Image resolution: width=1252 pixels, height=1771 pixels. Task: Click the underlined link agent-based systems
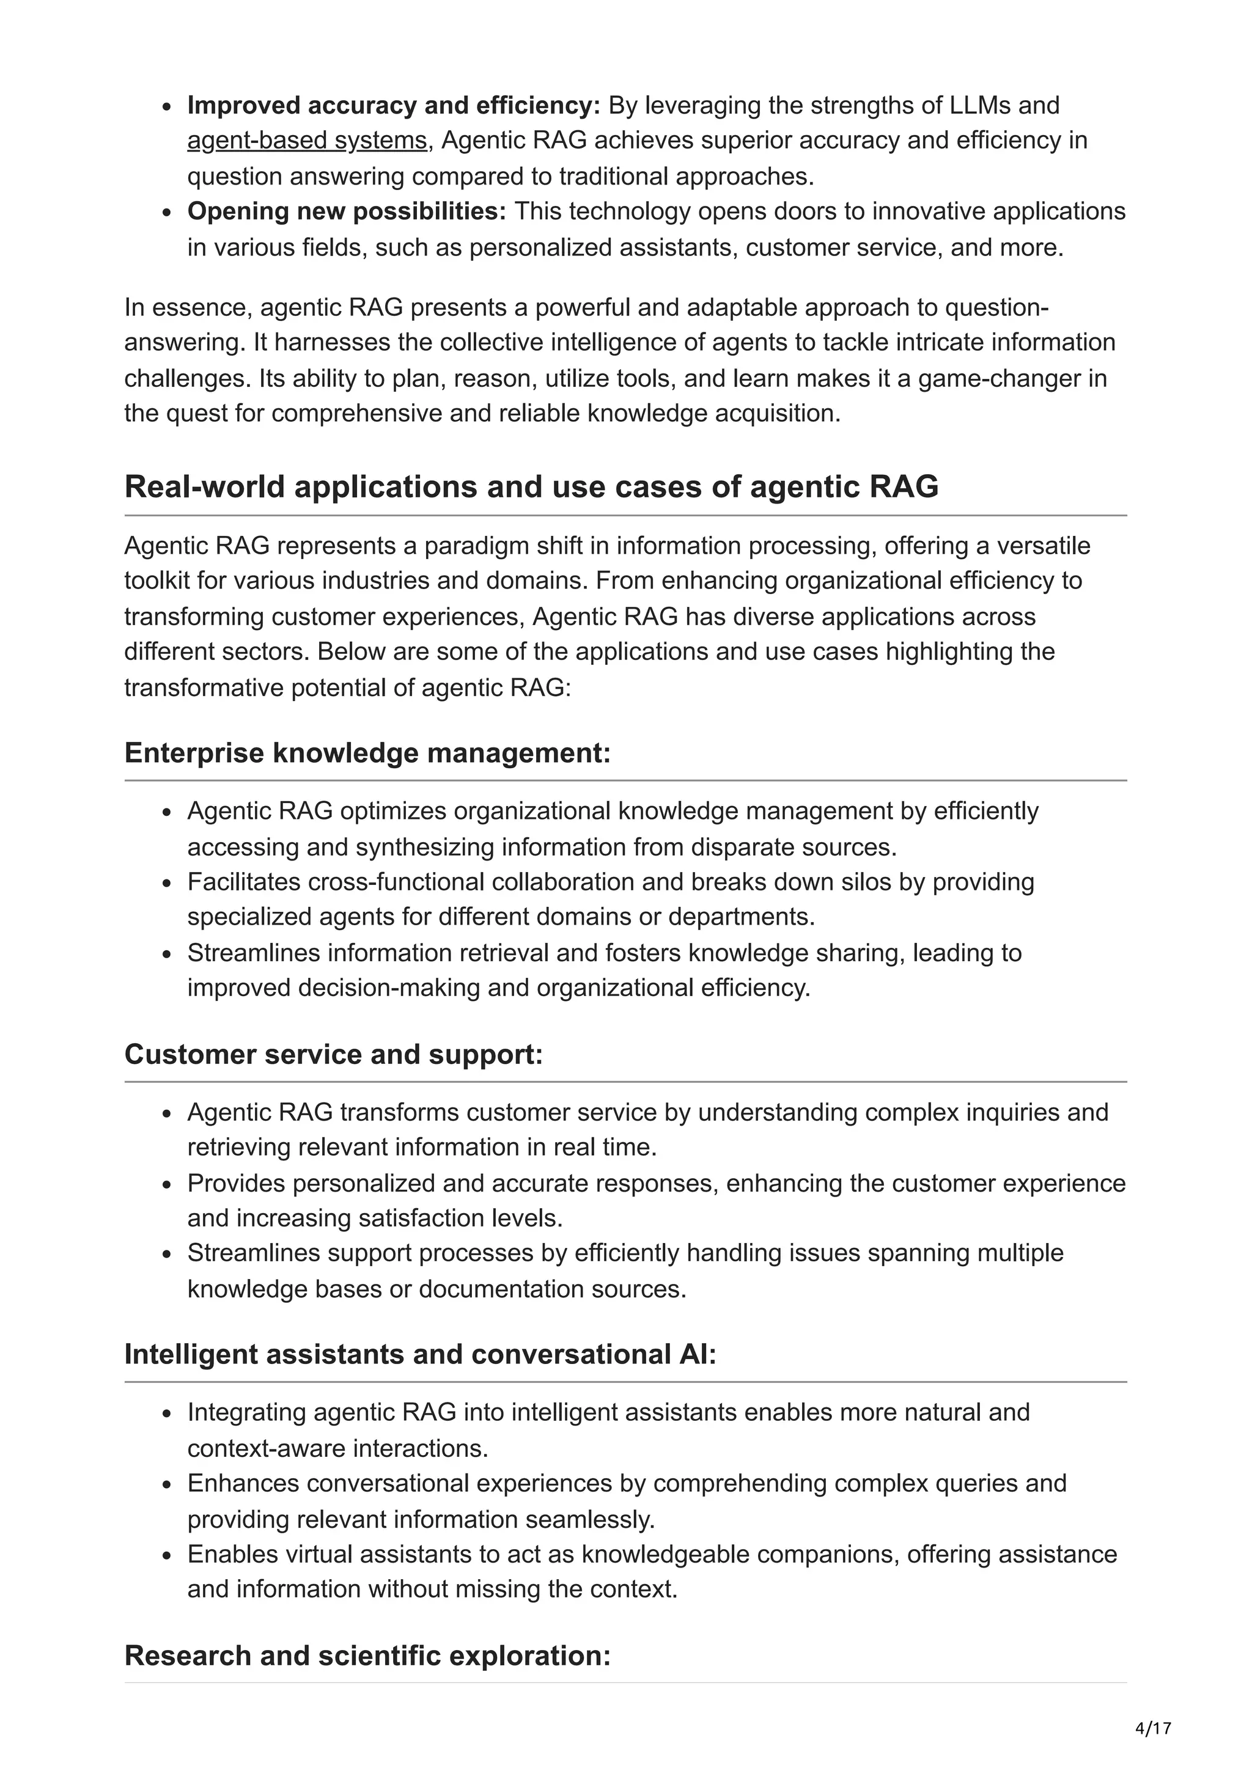point(306,141)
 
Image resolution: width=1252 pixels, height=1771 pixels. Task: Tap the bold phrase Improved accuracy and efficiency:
point(394,105)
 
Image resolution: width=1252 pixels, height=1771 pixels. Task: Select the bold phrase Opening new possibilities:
point(347,211)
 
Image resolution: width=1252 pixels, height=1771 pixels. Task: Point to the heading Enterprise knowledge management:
point(367,753)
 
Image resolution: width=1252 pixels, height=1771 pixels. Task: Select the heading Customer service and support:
point(333,1054)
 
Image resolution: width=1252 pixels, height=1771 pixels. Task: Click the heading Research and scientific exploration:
point(367,1656)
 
